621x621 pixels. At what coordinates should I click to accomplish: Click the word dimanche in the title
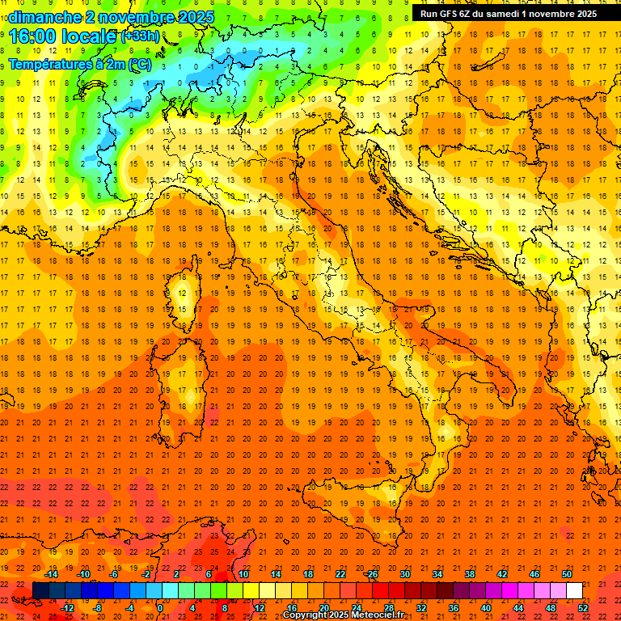click(x=44, y=17)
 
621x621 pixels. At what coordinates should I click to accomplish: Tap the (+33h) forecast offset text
click(x=139, y=36)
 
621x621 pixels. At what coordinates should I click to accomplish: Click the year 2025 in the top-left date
click(x=196, y=17)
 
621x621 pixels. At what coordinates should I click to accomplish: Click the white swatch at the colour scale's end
click(x=574, y=590)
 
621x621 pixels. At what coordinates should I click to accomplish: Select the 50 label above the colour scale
click(x=566, y=574)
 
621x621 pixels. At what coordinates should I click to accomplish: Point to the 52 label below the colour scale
click(x=583, y=608)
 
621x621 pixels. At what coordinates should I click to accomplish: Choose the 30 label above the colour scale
click(x=404, y=574)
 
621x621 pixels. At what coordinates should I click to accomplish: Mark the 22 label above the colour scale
click(x=340, y=574)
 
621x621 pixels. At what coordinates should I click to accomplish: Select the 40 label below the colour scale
click(x=485, y=608)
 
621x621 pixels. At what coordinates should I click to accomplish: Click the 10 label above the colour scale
click(x=243, y=574)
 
